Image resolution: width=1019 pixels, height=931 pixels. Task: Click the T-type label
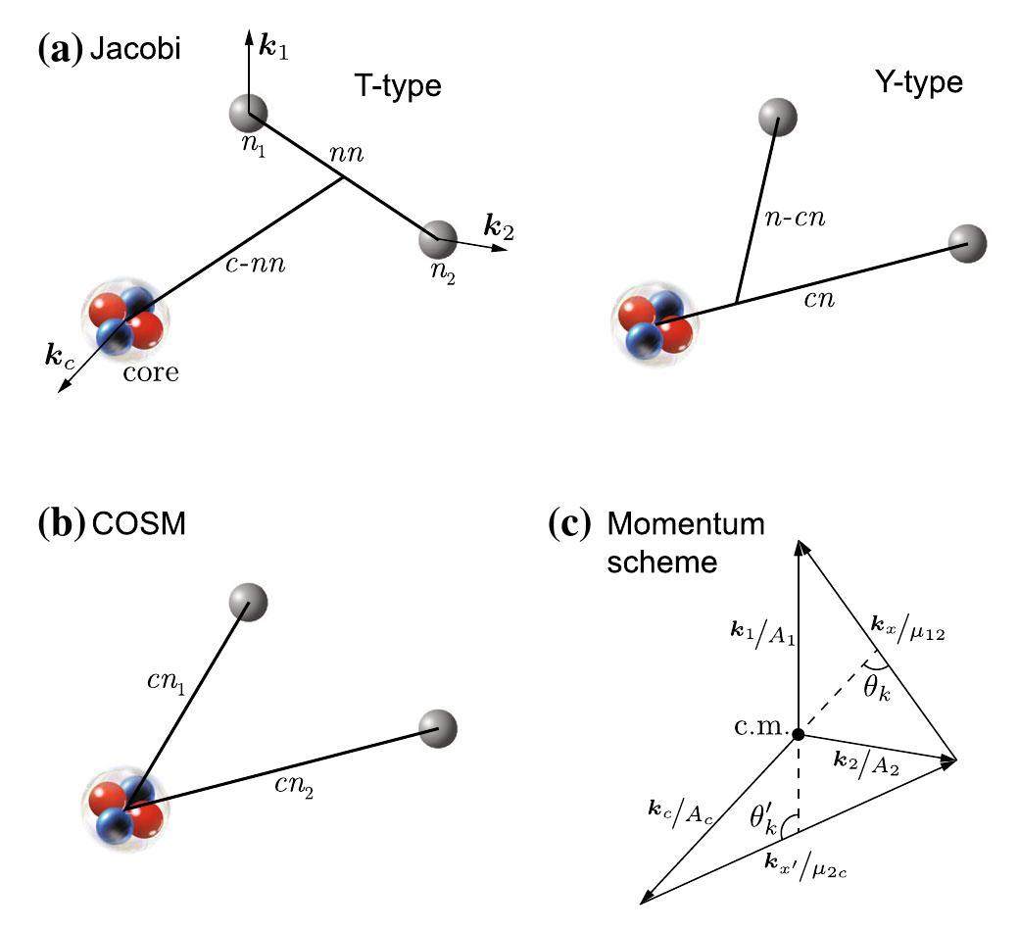[398, 86]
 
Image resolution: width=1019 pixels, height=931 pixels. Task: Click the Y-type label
[917, 82]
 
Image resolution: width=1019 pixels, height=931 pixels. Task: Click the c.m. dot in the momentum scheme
[799, 734]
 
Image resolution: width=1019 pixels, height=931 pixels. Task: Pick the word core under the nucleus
[151, 372]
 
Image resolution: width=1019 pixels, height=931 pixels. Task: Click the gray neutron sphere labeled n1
[247, 113]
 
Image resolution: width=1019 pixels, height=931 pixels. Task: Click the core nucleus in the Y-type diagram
[654, 323]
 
